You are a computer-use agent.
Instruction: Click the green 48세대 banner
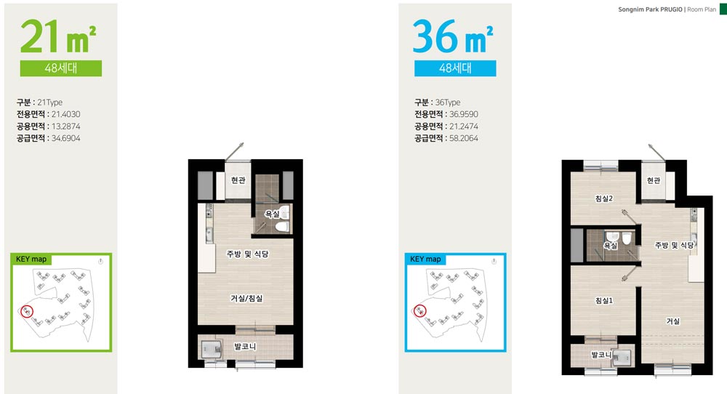tap(61, 68)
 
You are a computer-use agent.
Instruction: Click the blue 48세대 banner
tap(455, 68)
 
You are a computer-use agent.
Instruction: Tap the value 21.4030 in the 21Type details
tap(66, 114)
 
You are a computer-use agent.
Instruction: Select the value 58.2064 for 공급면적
tap(464, 138)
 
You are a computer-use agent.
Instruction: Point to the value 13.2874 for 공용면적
tap(66, 126)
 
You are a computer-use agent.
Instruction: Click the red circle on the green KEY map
tap(28, 311)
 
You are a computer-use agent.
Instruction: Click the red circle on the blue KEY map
tap(420, 310)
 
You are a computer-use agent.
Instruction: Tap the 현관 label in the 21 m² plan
tap(238, 180)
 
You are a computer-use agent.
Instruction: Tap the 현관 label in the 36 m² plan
tap(654, 180)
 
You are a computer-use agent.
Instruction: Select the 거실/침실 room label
tap(246, 298)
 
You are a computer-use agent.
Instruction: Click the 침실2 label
tap(604, 198)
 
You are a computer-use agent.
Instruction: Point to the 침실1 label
tap(604, 300)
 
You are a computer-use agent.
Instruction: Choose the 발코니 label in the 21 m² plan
tap(245, 346)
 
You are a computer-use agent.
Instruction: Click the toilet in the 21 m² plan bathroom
tap(282, 226)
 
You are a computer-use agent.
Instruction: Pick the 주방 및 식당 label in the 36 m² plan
tap(674, 245)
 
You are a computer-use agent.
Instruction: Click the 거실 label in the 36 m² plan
tap(672, 321)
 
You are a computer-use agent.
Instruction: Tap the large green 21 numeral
tap(40, 36)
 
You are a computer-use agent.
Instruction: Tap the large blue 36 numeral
tap(435, 36)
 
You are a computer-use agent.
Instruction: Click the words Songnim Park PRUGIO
tap(650, 9)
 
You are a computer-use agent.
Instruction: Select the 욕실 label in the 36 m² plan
tap(611, 246)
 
